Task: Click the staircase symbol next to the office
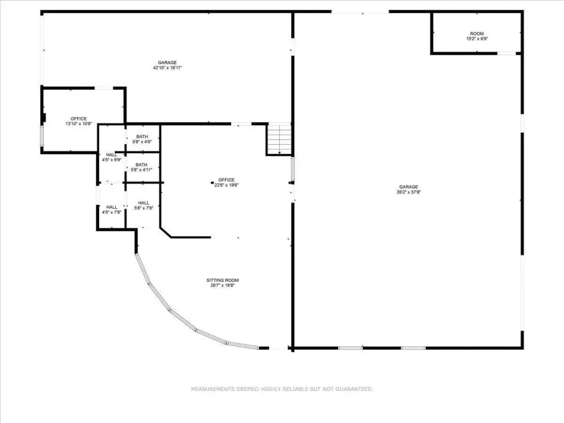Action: (x=279, y=139)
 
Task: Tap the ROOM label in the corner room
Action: (x=477, y=34)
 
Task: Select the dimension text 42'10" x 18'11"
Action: (x=167, y=68)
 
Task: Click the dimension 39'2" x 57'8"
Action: (x=409, y=192)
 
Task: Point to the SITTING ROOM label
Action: (x=223, y=280)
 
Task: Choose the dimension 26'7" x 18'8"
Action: (x=223, y=286)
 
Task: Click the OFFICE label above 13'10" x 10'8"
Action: (x=78, y=119)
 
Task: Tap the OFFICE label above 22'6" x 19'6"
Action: (x=226, y=180)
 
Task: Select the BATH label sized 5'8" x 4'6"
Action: (x=142, y=137)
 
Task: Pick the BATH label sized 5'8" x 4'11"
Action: (x=142, y=165)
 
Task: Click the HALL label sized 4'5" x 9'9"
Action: (x=111, y=155)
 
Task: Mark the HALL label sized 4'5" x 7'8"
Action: (x=111, y=207)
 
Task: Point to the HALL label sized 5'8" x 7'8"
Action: (x=144, y=203)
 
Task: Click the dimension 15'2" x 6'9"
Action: (x=477, y=39)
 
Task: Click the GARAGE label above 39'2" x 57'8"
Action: (x=409, y=187)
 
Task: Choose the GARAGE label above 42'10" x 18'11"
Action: (x=167, y=63)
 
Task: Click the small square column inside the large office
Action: (x=212, y=183)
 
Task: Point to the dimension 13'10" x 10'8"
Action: (x=78, y=124)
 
